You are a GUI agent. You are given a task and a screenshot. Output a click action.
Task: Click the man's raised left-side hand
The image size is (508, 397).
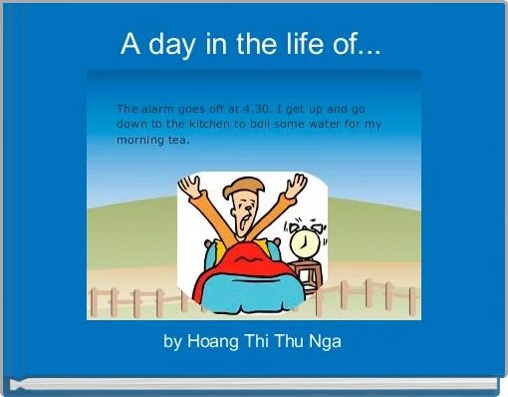(190, 186)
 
